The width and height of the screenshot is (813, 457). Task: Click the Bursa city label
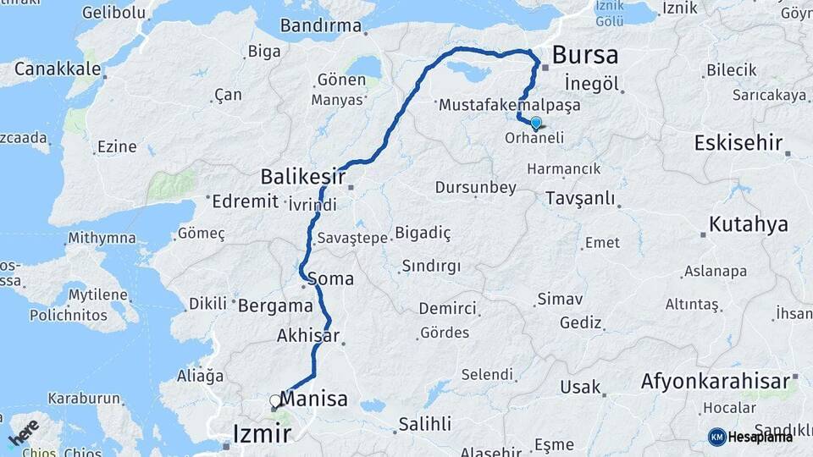click(585, 56)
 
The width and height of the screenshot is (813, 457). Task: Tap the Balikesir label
click(302, 177)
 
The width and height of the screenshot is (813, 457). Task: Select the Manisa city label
click(313, 399)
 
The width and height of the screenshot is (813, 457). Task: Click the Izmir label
click(262, 434)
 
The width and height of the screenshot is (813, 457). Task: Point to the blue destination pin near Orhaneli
click(535, 124)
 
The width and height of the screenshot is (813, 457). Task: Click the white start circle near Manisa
click(274, 400)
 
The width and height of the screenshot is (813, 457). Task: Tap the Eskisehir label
click(738, 142)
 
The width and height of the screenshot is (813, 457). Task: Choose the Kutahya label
click(748, 224)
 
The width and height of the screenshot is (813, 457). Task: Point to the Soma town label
click(331, 278)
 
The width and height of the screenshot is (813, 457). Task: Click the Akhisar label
click(307, 336)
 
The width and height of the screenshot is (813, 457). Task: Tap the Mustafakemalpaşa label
click(497, 106)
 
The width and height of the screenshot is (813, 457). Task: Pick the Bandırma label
click(320, 26)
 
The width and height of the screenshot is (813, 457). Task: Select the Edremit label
click(246, 201)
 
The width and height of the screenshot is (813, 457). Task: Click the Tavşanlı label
click(579, 197)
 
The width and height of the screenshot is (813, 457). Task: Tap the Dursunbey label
click(475, 187)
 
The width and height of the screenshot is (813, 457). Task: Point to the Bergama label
click(275, 306)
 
